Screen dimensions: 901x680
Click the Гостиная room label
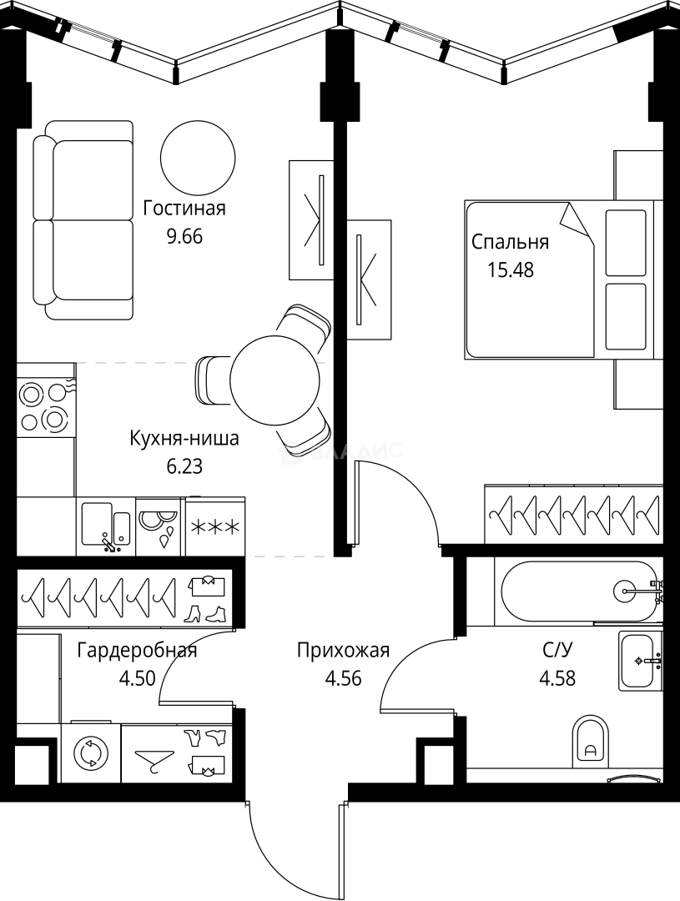coord(184,209)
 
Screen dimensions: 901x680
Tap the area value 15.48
coord(509,269)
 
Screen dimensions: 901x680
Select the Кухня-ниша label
coord(184,438)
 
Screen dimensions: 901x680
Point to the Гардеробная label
coord(137,651)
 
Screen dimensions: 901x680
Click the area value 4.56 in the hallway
coord(343,677)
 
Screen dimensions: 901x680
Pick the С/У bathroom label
coord(557,651)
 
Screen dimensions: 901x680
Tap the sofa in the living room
coord(83,220)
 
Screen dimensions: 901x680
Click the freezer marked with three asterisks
coord(215,527)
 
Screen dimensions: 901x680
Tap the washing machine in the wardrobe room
coord(89,753)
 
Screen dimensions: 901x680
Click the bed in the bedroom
coord(542,279)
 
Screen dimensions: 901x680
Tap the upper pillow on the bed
coord(626,243)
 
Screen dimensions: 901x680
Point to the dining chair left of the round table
coord(213,380)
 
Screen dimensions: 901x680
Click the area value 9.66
coord(185,236)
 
